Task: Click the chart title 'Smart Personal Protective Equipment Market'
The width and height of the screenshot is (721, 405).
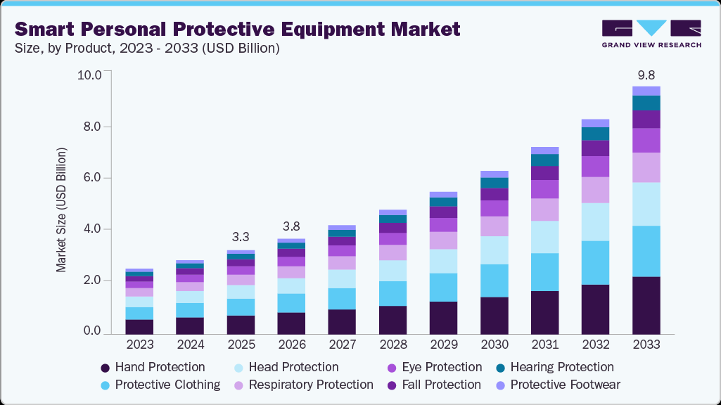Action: click(238, 29)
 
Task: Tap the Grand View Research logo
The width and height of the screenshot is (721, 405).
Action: click(651, 34)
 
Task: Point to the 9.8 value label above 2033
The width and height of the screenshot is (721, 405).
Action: click(646, 75)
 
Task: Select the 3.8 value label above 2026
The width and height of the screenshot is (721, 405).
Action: click(291, 226)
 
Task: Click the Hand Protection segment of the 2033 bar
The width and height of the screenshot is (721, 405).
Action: click(646, 304)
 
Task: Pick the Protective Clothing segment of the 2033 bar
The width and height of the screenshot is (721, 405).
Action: click(646, 251)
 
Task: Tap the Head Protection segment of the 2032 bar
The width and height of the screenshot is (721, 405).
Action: click(595, 222)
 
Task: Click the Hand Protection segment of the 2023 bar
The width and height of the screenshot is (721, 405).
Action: click(139, 326)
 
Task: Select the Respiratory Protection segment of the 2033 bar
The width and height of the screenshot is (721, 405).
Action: click(646, 167)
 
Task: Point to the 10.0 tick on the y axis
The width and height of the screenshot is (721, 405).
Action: click(89, 75)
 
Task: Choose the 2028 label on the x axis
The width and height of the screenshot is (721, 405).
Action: click(393, 345)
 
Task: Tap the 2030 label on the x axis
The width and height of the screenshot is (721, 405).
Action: click(494, 345)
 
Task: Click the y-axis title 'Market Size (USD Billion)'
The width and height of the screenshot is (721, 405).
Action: click(62, 210)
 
